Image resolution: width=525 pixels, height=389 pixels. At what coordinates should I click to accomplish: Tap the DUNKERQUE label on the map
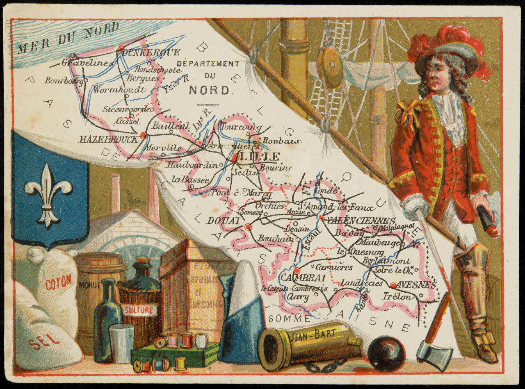[151, 52]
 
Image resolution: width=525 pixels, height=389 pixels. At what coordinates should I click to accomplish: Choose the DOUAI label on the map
[223, 221]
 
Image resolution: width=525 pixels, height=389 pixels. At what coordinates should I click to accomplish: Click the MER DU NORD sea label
[68, 39]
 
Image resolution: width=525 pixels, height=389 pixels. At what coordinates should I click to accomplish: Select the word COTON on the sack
[58, 282]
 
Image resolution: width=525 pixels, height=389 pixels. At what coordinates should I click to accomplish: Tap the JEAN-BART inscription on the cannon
[313, 335]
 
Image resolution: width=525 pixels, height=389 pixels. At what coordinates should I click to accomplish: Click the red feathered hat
[449, 47]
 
